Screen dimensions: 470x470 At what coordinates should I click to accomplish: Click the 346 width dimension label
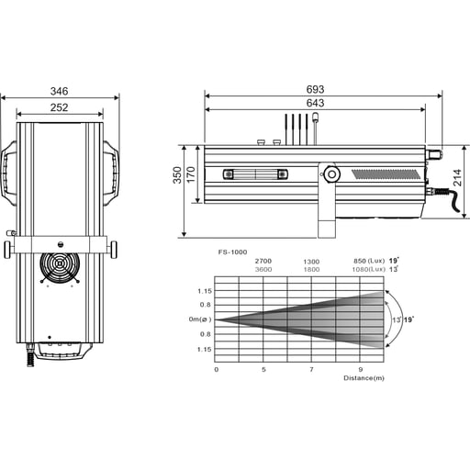pyautogui.click(x=60, y=92)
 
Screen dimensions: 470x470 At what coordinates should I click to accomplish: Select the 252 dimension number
pyautogui.click(x=60, y=108)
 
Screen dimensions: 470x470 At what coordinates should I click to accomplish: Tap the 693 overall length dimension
pyautogui.click(x=316, y=89)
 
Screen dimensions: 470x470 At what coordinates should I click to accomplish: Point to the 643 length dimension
pyautogui.click(x=316, y=104)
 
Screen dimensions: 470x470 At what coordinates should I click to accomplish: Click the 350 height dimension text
pyautogui.click(x=178, y=175)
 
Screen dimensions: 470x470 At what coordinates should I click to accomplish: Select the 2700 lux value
pyautogui.click(x=263, y=262)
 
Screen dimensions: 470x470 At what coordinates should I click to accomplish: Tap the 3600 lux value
pyautogui.click(x=263, y=270)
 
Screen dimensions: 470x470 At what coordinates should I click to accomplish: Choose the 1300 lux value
pyautogui.click(x=311, y=262)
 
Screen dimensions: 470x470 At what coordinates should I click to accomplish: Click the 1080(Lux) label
pyautogui.click(x=369, y=270)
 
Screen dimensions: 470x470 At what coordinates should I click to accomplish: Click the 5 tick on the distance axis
pyautogui.click(x=263, y=369)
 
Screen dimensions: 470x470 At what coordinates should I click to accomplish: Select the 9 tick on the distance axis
pyautogui.click(x=360, y=369)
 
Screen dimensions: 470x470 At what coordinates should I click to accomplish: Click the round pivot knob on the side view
pyautogui.click(x=330, y=173)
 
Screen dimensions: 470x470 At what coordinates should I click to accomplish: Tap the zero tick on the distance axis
pyautogui.click(x=216, y=369)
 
